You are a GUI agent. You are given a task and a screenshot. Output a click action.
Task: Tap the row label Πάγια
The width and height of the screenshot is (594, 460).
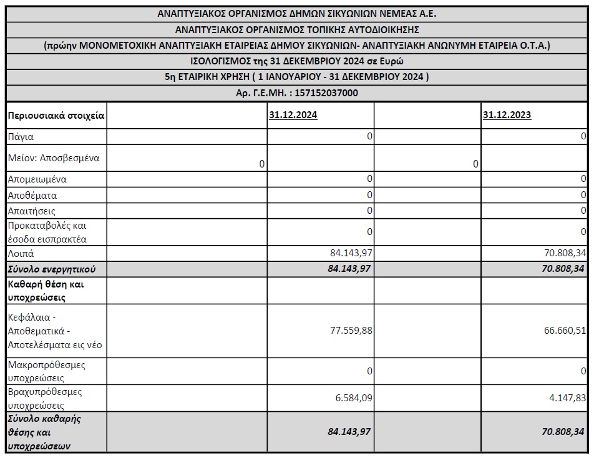pos(21,136)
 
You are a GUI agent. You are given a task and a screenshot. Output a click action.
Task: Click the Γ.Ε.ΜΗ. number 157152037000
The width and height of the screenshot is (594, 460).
pos(323,92)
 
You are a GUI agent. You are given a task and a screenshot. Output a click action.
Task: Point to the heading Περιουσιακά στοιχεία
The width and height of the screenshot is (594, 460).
pos(56,115)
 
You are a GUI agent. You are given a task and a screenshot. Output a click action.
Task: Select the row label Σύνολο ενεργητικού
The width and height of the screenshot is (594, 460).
pos(52,269)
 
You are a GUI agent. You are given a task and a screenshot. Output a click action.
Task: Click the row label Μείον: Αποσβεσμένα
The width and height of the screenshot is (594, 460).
pos(54,158)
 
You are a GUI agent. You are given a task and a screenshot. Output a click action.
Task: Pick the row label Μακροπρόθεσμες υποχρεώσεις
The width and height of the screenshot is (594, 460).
pos(47,371)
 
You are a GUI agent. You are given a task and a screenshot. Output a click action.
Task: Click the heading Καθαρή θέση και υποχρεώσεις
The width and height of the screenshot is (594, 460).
pos(46,290)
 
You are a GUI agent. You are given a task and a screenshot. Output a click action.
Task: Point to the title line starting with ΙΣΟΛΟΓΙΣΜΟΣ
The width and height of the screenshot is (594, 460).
pos(297,61)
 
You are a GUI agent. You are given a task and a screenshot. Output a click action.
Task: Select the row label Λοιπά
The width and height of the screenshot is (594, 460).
pos(21,253)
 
